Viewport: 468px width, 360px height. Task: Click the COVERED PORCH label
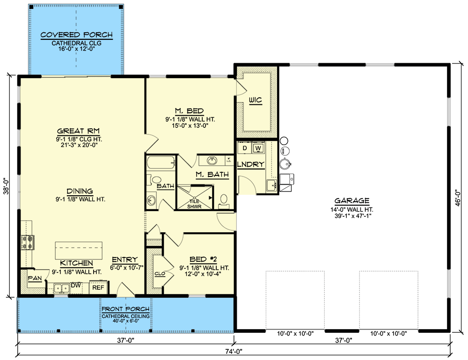coord(77,35)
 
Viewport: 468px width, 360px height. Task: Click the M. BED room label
coord(189,111)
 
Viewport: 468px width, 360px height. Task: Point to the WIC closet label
coord(255,100)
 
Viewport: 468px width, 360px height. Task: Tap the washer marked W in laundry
coord(258,148)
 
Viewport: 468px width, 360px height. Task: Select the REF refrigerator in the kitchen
coord(98,287)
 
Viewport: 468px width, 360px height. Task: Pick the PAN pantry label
coord(34,279)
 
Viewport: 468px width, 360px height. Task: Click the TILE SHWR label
coord(194,203)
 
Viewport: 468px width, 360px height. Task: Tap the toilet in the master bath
coord(224,200)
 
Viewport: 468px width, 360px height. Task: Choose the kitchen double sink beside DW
coord(61,288)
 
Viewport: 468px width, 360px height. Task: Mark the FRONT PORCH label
coord(125,309)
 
